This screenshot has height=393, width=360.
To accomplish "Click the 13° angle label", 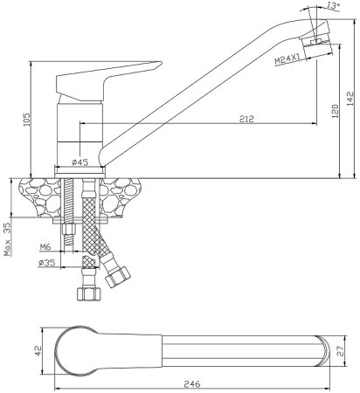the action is (x=334, y=5).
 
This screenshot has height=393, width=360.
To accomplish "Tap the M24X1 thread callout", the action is (x=287, y=59).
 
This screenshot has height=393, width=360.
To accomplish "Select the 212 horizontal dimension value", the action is (x=246, y=119).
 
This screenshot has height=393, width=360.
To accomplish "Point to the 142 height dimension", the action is (x=350, y=99).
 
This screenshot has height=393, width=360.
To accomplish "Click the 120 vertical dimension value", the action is (x=335, y=111).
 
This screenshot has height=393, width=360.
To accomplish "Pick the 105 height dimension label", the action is (x=26, y=120).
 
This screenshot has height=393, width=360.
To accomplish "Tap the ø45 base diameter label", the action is (x=80, y=162).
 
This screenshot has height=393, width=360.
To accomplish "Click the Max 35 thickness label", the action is (x=7, y=239).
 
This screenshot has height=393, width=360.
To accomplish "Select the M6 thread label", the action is (x=45, y=247).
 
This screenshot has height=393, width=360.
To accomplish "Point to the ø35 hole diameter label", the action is (x=46, y=263).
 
